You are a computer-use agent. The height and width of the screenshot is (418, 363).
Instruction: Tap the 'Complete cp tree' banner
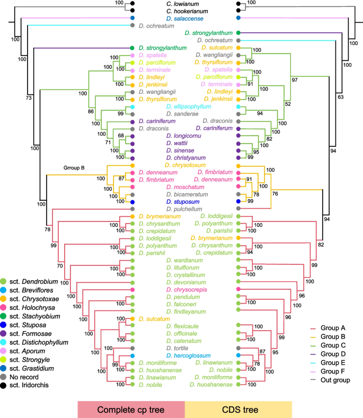pos(131,408)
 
